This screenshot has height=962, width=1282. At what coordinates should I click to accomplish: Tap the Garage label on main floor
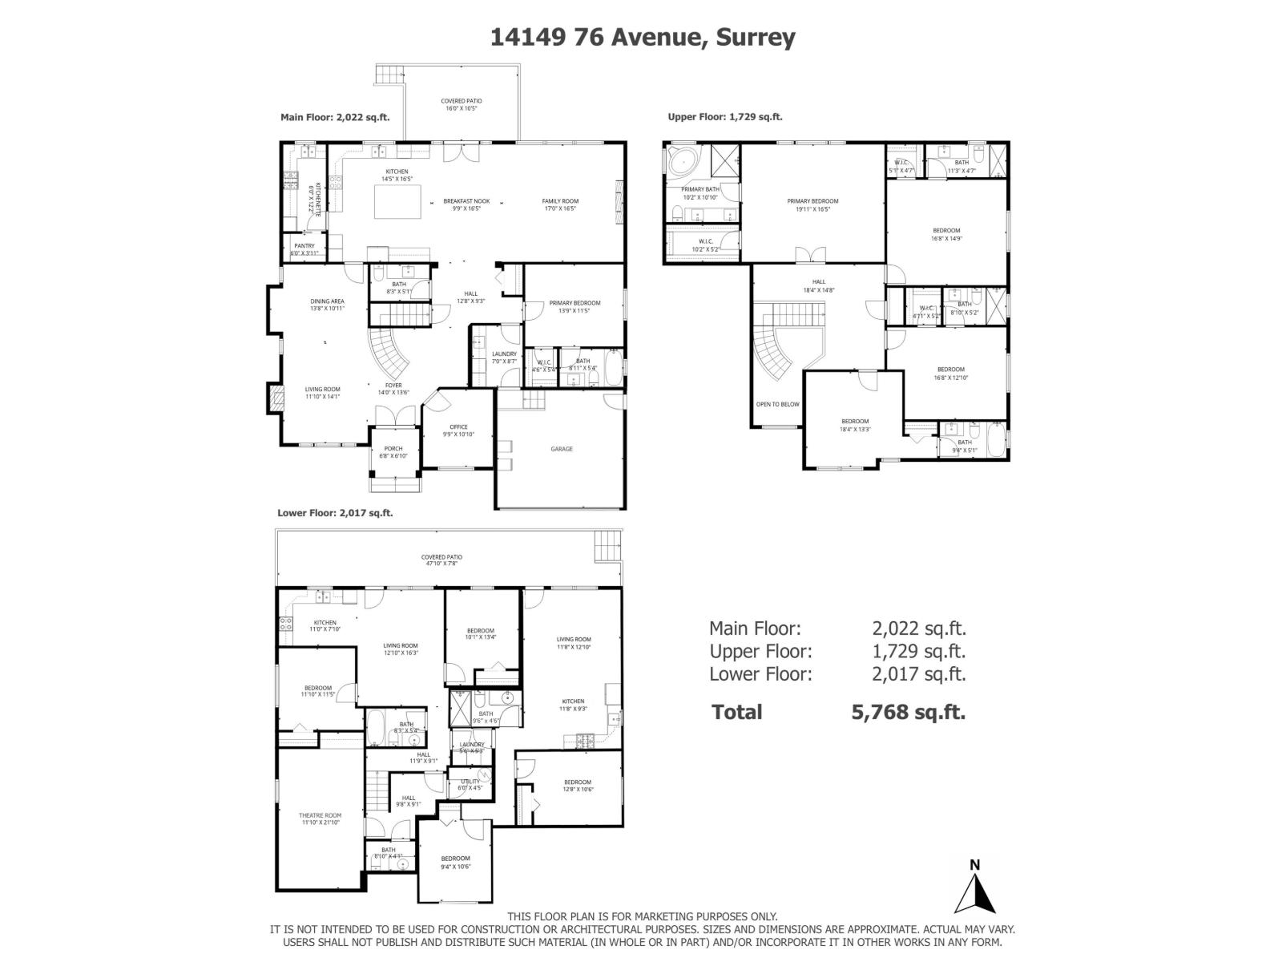(x=561, y=449)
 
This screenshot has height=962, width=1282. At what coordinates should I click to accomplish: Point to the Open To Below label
(x=777, y=404)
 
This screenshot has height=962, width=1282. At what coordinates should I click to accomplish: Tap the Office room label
(x=458, y=430)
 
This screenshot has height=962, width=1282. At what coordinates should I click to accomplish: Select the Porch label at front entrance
(x=393, y=452)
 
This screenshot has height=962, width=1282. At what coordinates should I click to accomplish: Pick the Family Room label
(x=559, y=204)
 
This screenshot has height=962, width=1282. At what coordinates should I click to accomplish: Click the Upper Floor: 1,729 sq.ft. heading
(x=724, y=117)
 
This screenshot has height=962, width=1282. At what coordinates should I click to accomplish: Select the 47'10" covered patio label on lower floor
(x=441, y=560)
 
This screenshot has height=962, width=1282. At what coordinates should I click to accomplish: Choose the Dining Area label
(x=327, y=305)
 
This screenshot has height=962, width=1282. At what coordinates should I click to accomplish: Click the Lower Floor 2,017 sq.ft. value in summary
(x=918, y=674)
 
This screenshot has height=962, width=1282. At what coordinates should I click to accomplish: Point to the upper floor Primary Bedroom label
(x=812, y=204)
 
